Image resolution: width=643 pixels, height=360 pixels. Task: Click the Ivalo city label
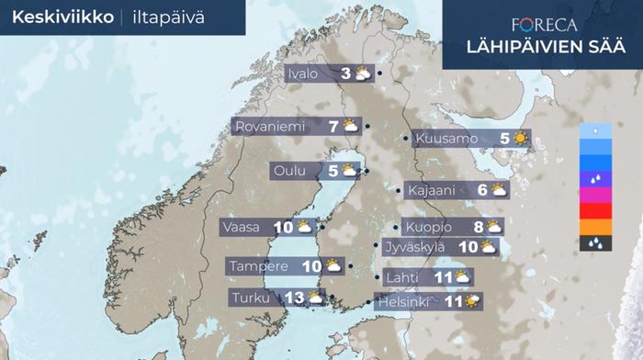(303, 74)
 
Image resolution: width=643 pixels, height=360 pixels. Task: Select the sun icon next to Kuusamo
(521, 139)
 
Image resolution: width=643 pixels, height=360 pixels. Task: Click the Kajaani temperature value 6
(482, 190)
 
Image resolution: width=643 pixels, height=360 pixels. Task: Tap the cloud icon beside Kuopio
(494, 226)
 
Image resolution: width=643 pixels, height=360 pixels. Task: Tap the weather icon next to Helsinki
(472, 300)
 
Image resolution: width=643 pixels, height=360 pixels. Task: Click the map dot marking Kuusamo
(408, 138)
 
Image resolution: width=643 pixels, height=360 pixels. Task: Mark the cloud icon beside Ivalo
(363, 74)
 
